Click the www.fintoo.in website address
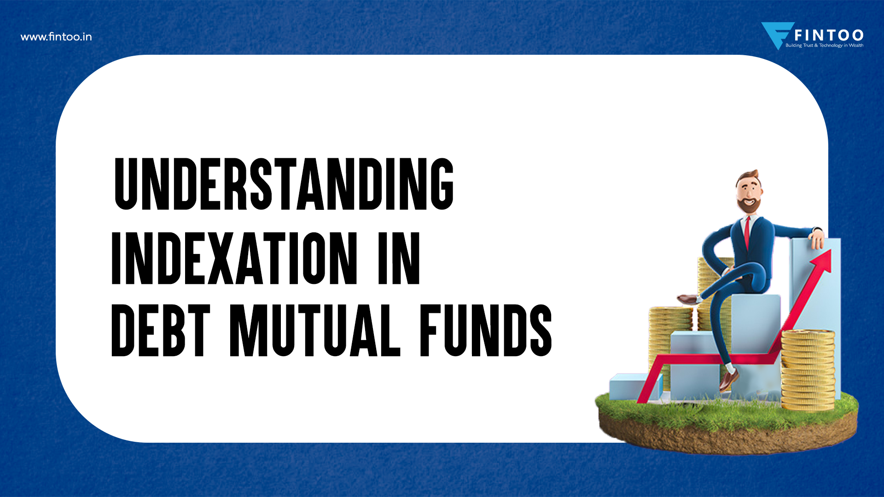click(x=56, y=37)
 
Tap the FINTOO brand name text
click(x=829, y=35)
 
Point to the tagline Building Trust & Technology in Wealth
click(x=824, y=46)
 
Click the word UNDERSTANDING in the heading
click(x=284, y=184)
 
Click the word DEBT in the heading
click(x=160, y=330)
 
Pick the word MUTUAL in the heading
click(x=315, y=330)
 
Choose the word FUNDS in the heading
click(x=485, y=330)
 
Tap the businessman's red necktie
click(x=747, y=232)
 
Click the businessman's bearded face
click(x=748, y=193)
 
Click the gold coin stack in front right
click(x=808, y=368)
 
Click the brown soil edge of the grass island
click(x=727, y=437)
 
